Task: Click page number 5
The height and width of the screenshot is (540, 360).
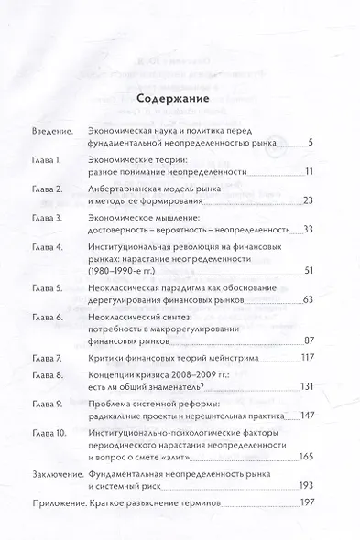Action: tap(312, 143)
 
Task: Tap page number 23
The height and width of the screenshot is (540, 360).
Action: tap(309, 200)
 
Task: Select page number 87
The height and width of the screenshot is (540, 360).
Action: tap(309, 340)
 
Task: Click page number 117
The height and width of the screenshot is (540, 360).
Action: tap(307, 356)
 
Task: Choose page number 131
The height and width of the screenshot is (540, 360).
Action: tap(307, 387)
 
